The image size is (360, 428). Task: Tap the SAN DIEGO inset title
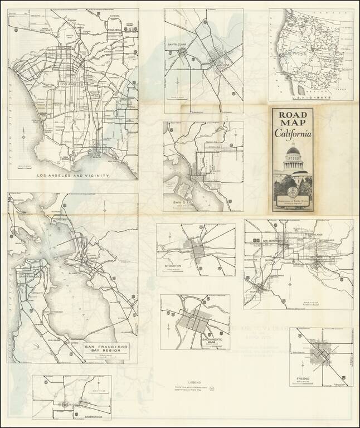pyautogui.click(x=184, y=202)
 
